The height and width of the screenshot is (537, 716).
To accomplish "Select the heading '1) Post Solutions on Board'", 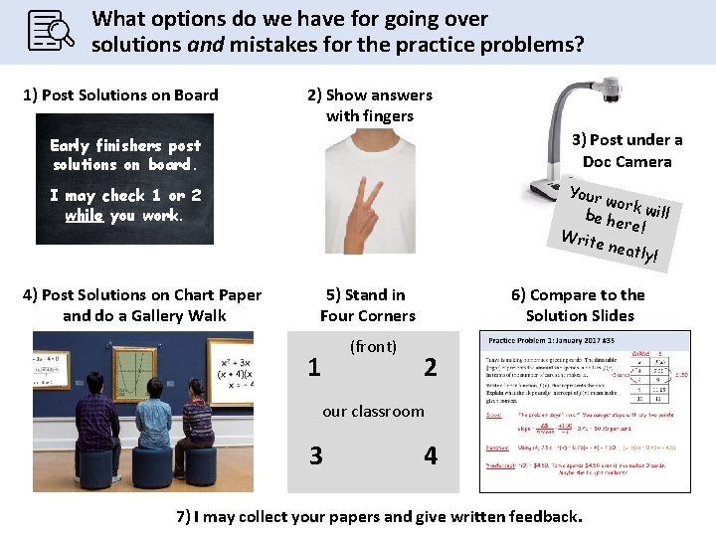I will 120,95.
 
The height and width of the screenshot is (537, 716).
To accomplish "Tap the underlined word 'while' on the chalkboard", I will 84,216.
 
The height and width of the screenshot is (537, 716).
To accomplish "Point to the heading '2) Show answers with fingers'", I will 370,105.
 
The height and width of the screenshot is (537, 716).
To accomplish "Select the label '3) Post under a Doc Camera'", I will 626,151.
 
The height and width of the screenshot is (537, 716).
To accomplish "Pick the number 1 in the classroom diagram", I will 314,367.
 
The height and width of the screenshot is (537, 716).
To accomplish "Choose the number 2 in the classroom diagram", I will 430,367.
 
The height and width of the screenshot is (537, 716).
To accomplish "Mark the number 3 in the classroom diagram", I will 315,455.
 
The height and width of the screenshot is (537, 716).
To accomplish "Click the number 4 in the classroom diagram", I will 430,455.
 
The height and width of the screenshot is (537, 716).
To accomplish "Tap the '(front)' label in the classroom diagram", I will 373,347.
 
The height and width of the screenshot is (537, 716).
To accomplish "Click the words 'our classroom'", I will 373,411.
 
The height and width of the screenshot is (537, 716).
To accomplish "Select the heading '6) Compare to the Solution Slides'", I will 579,305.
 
